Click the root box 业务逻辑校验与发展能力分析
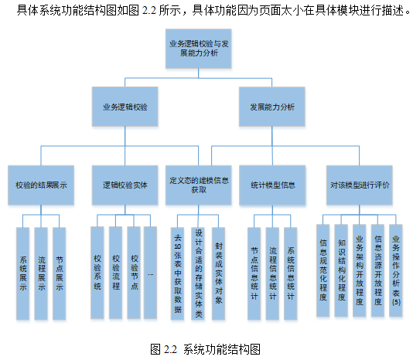pos(198,49)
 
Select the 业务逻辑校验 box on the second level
pos(125,107)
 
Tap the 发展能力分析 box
pos(272,107)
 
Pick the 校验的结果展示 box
pos(41,185)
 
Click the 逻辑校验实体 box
pos(125,185)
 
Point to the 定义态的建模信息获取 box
pos(198,185)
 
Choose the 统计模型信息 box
pos(272,185)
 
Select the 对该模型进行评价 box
pos(360,185)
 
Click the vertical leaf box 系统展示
pos(23,273)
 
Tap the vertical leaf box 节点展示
pos(60,273)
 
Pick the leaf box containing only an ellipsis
pos(150,273)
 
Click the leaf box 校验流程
pos(116,273)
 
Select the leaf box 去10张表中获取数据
pos(177,273)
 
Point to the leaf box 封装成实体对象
pos(218,273)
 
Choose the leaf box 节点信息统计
pos(254,273)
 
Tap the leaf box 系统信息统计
pos(291,273)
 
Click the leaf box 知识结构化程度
pos(341,270)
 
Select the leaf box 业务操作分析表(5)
pos(396,270)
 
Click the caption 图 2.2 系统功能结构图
pos(206,349)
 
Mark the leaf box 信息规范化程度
pos(323,270)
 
